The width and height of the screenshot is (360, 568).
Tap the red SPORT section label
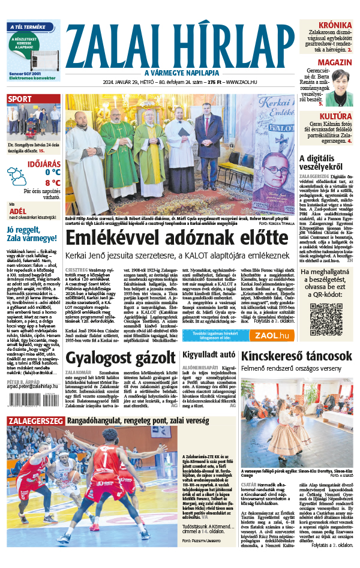click(x=20, y=100)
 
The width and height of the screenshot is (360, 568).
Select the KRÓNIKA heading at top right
click(x=335, y=25)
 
